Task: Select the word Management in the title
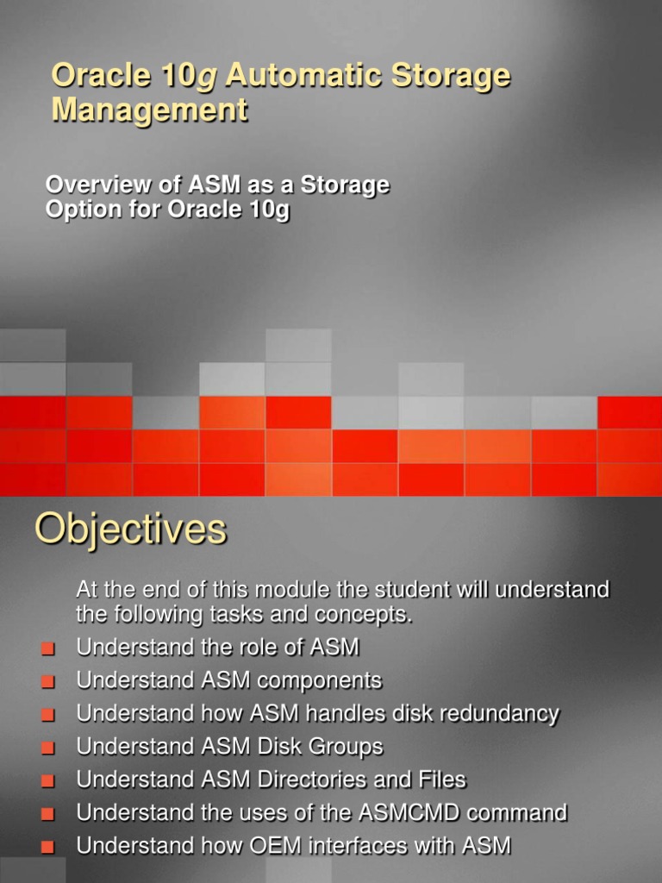(149, 110)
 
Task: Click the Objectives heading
(130, 529)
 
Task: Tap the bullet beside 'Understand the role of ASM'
(47, 648)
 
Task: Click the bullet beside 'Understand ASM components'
(47, 681)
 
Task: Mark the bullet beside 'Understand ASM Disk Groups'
(47, 748)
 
